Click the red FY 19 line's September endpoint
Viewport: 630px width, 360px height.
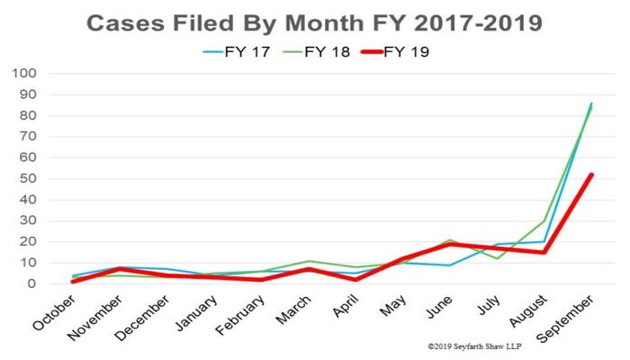point(590,175)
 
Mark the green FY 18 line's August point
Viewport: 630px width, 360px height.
point(542,220)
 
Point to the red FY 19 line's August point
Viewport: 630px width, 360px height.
point(542,252)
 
